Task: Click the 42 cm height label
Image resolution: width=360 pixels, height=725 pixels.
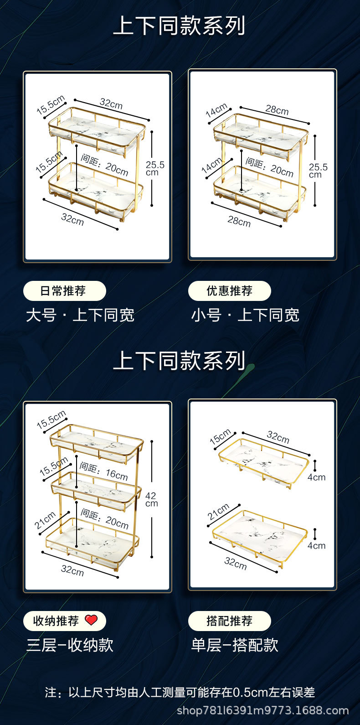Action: (151, 499)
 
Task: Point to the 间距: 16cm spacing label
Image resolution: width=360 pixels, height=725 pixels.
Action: (103, 471)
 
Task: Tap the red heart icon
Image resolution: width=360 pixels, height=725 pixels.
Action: (91, 620)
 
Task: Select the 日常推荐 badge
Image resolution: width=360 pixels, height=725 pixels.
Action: (64, 291)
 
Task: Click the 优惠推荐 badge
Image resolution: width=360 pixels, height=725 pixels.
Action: (229, 291)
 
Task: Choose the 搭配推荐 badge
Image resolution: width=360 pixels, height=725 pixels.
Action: (229, 621)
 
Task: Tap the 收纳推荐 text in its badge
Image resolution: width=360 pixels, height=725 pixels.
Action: (56, 621)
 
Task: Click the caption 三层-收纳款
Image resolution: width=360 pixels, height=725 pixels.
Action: (70, 645)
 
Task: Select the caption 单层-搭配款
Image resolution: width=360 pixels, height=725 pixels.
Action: (235, 645)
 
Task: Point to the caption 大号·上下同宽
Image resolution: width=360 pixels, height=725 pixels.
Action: (80, 315)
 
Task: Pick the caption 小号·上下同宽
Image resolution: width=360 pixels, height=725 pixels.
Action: (245, 315)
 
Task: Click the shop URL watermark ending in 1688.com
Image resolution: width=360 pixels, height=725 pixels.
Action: (262, 710)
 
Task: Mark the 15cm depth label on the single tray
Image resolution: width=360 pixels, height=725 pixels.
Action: (221, 437)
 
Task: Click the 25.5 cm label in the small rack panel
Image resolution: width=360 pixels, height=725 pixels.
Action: (318, 171)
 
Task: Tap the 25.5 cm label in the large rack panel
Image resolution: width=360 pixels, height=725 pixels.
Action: (154, 168)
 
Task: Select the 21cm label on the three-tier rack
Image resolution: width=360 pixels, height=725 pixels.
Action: (46, 520)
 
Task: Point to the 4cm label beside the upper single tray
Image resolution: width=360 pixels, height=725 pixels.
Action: (316, 477)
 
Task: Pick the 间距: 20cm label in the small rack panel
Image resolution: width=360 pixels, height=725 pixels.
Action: (269, 167)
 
